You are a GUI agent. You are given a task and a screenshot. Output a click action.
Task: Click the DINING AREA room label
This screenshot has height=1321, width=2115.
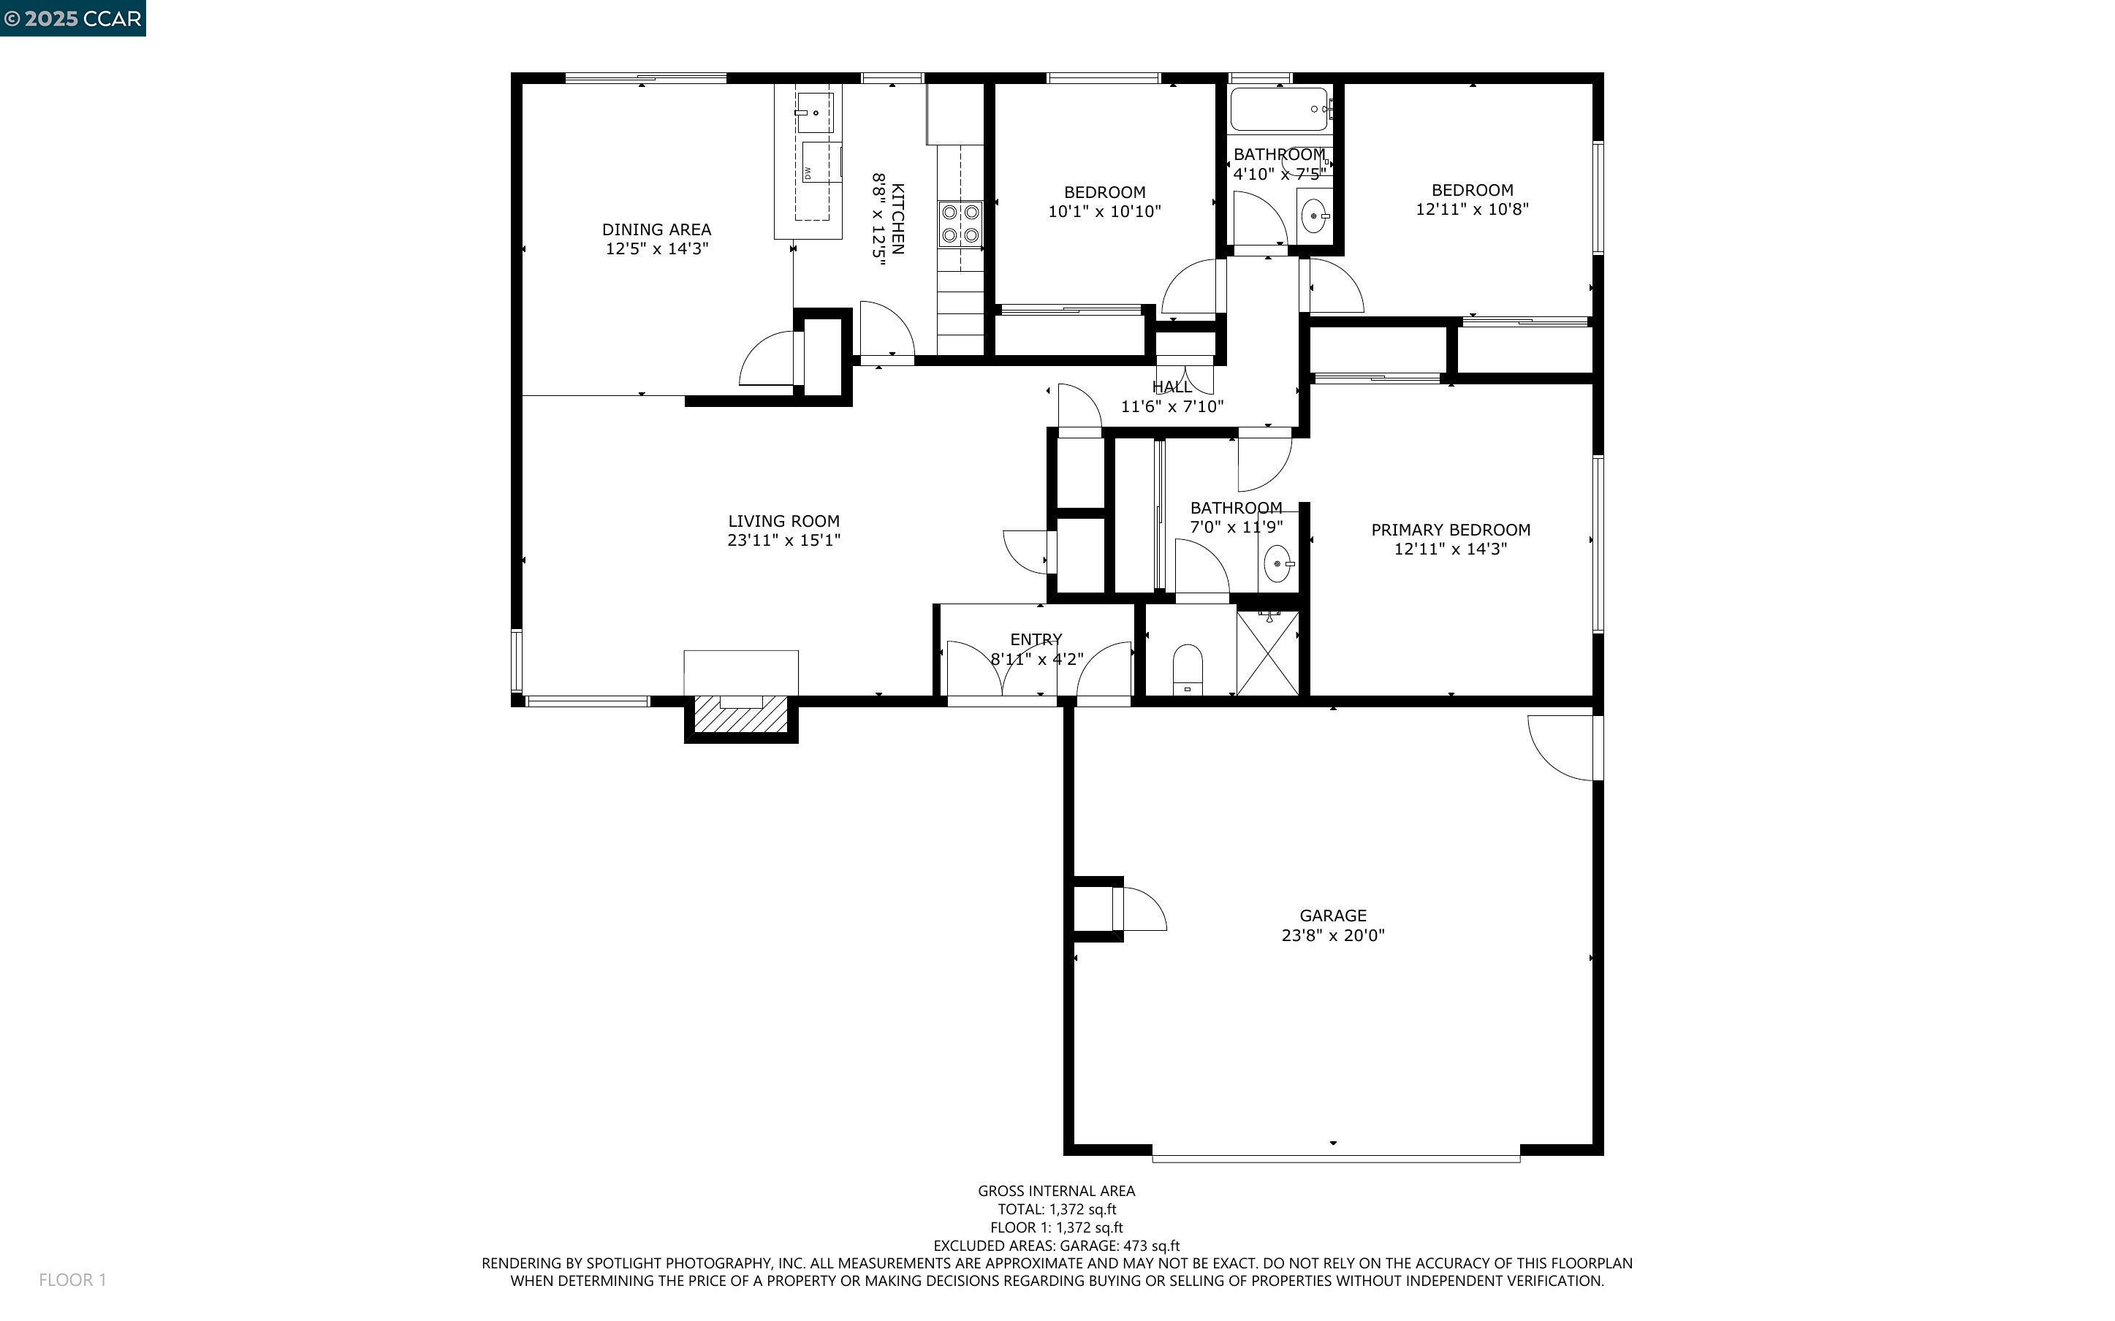pyautogui.click(x=656, y=229)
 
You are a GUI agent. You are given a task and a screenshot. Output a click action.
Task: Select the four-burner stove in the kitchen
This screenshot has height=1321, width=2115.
pyautogui.click(x=960, y=224)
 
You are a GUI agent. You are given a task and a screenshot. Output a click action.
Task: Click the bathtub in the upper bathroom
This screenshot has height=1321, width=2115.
pyautogui.click(x=1280, y=108)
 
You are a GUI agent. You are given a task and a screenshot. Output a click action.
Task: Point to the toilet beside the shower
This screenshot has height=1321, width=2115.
pyautogui.click(x=1188, y=669)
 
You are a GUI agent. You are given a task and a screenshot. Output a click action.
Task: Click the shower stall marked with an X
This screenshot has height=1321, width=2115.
pyautogui.click(x=1267, y=652)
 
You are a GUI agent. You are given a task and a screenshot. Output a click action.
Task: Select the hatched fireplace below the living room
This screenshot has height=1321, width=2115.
pyautogui.click(x=741, y=714)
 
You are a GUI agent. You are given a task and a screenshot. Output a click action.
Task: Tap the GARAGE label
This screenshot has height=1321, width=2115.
pyautogui.click(x=1332, y=915)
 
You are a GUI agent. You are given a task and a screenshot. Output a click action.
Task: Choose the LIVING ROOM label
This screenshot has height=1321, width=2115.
pyautogui.click(x=783, y=521)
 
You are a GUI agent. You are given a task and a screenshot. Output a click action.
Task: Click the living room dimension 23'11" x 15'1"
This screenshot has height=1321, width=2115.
pyautogui.click(x=783, y=540)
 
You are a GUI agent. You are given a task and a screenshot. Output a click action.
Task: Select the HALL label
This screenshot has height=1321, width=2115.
pyautogui.click(x=1172, y=387)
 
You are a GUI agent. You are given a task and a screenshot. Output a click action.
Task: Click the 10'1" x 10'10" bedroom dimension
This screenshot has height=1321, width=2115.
pyautogui.click(x=1104, y=211)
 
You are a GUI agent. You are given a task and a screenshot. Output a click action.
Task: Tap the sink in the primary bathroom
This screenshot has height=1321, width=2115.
pyautogui.click(x=1279, y=564)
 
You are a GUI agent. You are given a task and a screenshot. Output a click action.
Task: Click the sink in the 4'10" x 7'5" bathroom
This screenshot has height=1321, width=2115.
pyautogui.click(x=1313, y=214)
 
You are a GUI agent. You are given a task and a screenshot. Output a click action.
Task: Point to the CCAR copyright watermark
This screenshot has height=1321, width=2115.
pyautogui.click(x=72, y=18)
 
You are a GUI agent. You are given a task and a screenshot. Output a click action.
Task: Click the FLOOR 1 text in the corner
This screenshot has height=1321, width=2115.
pyautogui.click(x=72, y=1280)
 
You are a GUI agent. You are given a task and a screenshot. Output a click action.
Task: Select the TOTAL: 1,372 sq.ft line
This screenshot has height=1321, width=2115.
pyautogui.click(x=1057, y=1209)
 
